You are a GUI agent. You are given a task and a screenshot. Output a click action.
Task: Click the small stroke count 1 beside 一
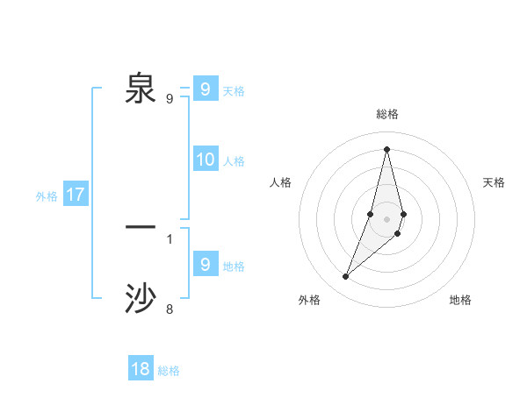tap(170, 238)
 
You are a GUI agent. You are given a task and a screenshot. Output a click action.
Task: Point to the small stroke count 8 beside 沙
tap(170, 309)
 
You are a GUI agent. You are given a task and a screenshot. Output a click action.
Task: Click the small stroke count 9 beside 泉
tap(170, 99)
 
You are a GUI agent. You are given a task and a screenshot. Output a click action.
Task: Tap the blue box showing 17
tap(76, 195)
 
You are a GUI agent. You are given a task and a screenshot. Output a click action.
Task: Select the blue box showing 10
tap(206, 160)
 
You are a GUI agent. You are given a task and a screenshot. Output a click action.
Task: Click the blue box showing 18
tap(141, 369)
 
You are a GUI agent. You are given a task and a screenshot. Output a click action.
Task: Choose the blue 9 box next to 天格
tap(205, 89)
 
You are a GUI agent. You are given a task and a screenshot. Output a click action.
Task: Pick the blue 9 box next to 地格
tap(205, 264)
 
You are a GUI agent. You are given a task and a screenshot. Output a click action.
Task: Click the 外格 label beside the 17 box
tap(47, 196)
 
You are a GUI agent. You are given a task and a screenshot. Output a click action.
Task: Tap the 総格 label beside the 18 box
tap(169, 371)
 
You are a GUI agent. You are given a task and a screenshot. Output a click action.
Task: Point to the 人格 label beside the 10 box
tap(234, 161)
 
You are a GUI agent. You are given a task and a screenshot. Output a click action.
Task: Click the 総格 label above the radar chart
tap(387, 114)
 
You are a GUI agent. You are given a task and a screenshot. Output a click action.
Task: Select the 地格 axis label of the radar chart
tap(460, 300)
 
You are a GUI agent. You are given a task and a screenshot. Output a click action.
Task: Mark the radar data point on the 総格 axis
tap(386, 149)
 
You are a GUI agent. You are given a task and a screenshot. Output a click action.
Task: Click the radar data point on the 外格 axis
tap(346, 277)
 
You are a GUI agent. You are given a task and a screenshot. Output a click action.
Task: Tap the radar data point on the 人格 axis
tap(371, 214)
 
